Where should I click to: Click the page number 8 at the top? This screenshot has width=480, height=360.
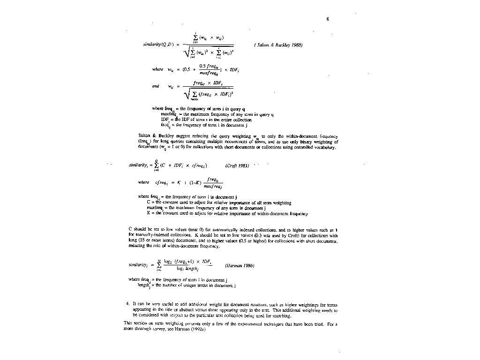pos(328,19)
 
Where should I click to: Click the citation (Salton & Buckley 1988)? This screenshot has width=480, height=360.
pos(278,45)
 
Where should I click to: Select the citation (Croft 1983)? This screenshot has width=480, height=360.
pos(237,165)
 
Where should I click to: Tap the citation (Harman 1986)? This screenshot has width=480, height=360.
pos(240,265)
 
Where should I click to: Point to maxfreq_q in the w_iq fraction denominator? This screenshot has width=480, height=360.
pos(209,73)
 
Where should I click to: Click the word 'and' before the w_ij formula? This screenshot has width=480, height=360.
pos(156,86)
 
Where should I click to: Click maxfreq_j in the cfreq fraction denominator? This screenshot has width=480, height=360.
pos(212,187)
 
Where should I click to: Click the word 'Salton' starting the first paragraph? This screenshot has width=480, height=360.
pos(134,135)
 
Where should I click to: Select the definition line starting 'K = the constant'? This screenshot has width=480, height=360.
pos(227,214)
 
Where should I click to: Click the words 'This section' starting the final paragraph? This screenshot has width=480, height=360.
pos(133,323)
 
